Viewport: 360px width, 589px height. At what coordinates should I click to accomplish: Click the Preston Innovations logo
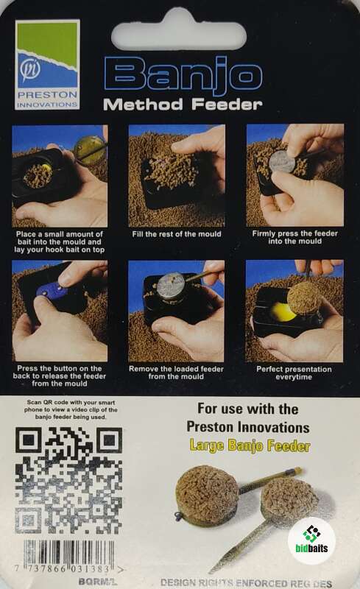click(47, 64)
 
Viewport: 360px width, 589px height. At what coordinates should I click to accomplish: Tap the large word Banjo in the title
click(183, 77)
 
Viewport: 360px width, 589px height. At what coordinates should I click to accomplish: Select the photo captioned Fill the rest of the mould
click(177, 175)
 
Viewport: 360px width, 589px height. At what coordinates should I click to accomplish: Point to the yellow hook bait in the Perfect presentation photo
click(283, 311)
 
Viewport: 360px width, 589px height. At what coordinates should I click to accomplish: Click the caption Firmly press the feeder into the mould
click(295, 237)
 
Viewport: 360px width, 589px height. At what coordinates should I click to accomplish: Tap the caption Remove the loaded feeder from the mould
click(176, 373)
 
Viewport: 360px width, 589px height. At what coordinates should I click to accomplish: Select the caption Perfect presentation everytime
click(294, 373)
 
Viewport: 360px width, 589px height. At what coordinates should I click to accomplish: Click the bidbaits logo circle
click(311, 540)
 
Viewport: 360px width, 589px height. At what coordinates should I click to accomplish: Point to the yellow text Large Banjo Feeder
click(250, 445)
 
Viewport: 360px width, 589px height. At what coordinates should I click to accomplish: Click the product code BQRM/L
click(98, 582)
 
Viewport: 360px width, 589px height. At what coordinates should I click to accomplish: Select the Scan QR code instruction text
click(71, 409)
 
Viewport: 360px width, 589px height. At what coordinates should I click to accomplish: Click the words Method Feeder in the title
click(183, 105)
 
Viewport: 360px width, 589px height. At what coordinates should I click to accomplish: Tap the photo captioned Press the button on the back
click(60, 311)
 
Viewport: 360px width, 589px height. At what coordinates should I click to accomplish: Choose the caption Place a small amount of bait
click(60, 242)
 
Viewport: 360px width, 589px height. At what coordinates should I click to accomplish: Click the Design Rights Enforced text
click(246, 583)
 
